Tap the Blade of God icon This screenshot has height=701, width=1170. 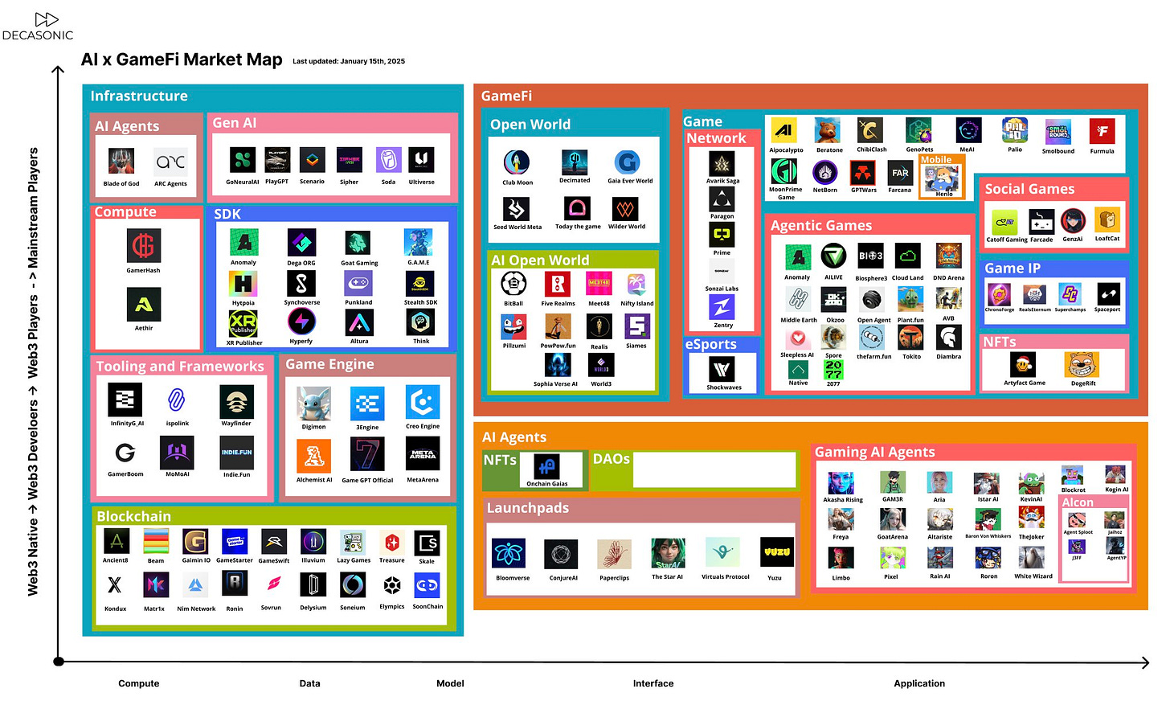[121, 162]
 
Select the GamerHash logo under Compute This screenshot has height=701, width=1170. [143, 246]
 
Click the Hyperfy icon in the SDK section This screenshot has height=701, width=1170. [301, 322]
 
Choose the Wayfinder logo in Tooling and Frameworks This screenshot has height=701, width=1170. [236, 401]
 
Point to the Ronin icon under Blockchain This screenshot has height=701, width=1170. [234, 584]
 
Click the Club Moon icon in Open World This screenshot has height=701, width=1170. [517, 162]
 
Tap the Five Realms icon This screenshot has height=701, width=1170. [558, 284]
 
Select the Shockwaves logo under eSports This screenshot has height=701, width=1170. [722, 369]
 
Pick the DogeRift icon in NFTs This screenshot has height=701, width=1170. [1082, 365]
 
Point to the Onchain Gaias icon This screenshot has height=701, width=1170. [547, 466]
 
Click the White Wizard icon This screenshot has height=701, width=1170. [1033, 557]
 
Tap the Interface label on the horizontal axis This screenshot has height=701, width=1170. [653, 683]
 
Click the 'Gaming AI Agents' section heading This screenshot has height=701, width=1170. [874, 452]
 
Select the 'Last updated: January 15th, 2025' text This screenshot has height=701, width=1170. [349, 61]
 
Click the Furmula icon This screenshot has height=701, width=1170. [1102, 131]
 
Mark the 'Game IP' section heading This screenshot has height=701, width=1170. [1012, 269]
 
